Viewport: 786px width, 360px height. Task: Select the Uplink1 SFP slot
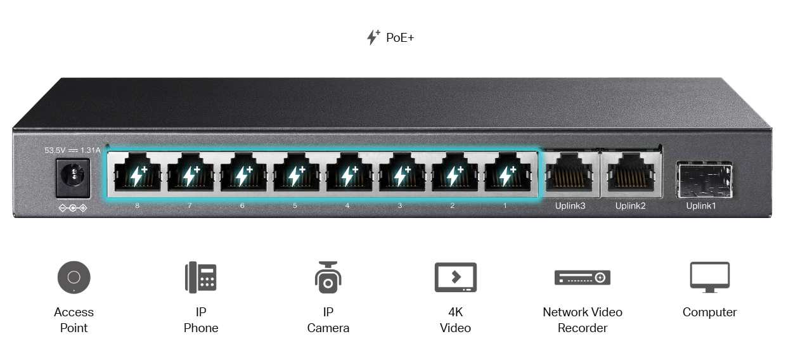tap(704, 179)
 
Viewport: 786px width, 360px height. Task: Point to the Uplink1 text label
tap(701, 206)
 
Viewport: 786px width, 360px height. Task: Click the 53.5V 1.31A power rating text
tap(72, 151)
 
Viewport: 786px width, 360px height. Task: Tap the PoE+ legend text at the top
tap(400, 38)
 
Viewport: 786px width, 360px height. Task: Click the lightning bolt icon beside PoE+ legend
tap(373, 37)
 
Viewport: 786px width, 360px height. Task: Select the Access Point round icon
tap(74, 278)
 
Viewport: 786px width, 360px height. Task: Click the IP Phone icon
tap(201, 278)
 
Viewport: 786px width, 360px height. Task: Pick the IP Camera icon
tap(328, 278)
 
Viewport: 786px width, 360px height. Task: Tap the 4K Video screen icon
tap(455, 278)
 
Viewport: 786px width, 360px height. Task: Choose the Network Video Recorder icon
tap(582, 278)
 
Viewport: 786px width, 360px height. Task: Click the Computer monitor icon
tap(709, 278)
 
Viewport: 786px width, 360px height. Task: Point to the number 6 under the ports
tap(242, 206)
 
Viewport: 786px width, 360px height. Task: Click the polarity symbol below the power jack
tap(72, 208)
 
